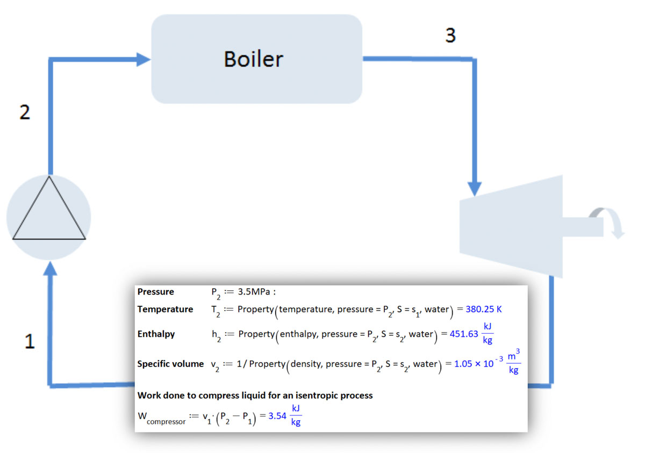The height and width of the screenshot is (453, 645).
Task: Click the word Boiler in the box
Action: pyautogui.click(x=253, y=59)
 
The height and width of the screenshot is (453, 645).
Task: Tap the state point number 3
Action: pyautogui.click(x=450, y=35)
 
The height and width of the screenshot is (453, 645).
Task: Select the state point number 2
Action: pyautogui.click(x=25, y=113)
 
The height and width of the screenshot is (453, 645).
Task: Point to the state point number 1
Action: pyautogui.click(x=30, y=342)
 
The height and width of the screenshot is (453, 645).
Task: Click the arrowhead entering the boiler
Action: pyautogui.click(x=144, y=59)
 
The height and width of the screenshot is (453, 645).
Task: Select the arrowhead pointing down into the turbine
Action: pyautogui.click(x=475, y=189)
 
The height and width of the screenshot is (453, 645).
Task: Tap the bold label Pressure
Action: pyautogui.click(x=156, y=292)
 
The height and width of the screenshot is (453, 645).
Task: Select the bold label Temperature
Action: pyautogui.click(x=165, y=310)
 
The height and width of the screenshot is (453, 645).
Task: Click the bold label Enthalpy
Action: pyautogui.click(x=156, y=334)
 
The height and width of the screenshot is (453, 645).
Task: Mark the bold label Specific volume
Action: pyautogui.click(x=170, y=364)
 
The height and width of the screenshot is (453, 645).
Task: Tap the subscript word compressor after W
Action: pyautogui.click(x=166, y=422)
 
